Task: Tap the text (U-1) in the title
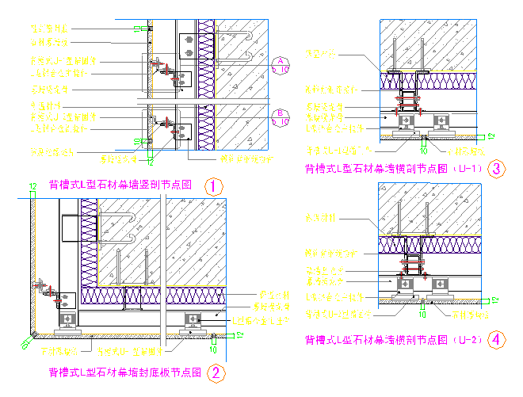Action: pyautogui.click(x=464, y=168)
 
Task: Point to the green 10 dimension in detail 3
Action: pyautogui.click(x=424, y=149)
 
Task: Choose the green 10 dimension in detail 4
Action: pyautogui.click(x=424, y=315)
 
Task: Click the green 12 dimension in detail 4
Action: pyautogui.click(x=494, y=299)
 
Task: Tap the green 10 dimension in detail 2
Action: pyautogui.click(x=212, y=349)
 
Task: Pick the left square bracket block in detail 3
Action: pyautogui.click(x=406, y=120)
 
